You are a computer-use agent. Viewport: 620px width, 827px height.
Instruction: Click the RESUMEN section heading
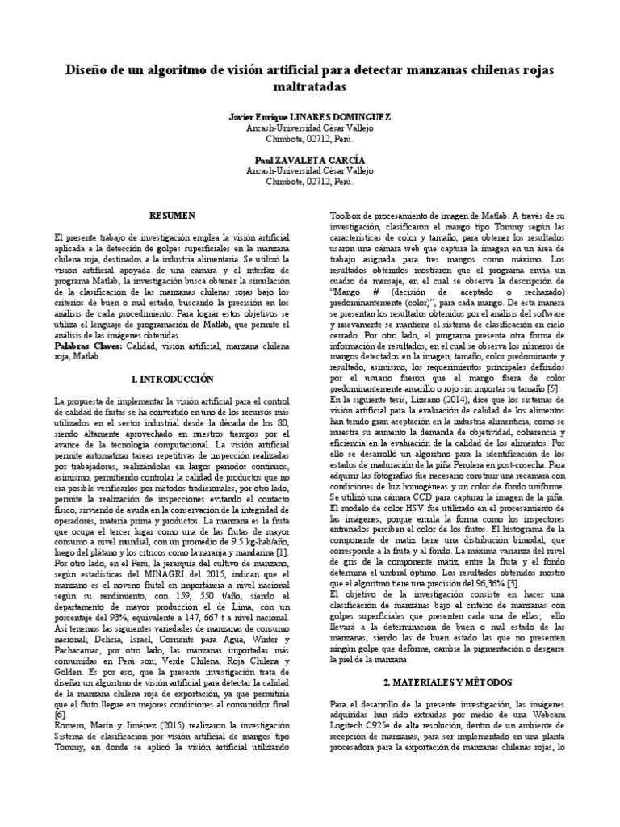174,216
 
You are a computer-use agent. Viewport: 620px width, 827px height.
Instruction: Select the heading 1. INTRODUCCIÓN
173,378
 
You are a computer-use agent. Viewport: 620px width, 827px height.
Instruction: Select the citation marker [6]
59,714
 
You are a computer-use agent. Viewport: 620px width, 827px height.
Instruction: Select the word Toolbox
350,216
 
